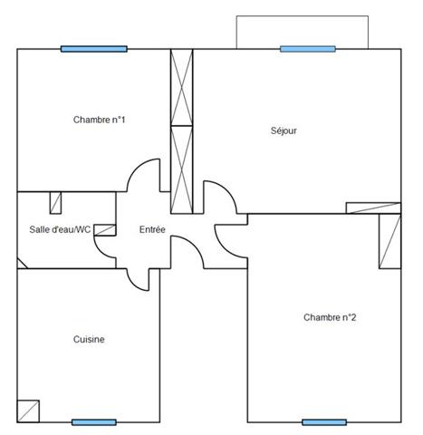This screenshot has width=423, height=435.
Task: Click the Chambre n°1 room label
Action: pos(99,120)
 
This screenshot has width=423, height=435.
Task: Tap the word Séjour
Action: pos(284,130)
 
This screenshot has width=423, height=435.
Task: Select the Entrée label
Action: pos(152,229)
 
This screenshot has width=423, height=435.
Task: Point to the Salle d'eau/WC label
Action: pos(60,229)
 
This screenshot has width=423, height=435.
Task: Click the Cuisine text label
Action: pos(89,339)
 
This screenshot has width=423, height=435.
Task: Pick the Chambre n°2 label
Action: pos(330,317)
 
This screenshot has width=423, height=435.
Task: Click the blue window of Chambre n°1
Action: pos(94,49)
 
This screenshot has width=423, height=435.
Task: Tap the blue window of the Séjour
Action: pos(308,49)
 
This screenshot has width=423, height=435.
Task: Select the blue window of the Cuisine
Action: pos(94,422)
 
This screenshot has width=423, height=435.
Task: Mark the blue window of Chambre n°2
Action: pos(324,422)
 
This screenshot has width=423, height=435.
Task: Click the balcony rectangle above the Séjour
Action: pos(303,16)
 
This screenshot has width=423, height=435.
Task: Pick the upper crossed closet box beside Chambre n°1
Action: pos(181,87)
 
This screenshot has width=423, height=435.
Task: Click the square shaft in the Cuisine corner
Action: pos(28,411)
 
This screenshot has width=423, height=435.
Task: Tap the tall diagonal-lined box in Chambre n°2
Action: pos(390,241)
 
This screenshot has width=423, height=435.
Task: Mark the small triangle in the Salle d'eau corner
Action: pos(21,265)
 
